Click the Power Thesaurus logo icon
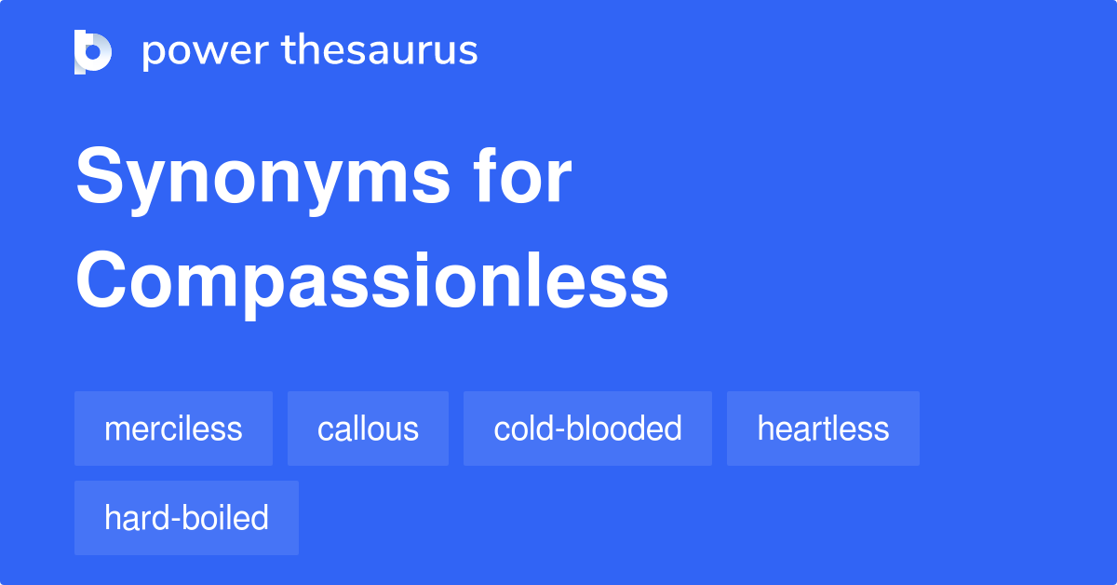click(93, 51)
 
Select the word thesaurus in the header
click(380, 51)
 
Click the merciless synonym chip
click(173, 429)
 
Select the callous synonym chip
click(368, 429)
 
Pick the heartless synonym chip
click(823, 429)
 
